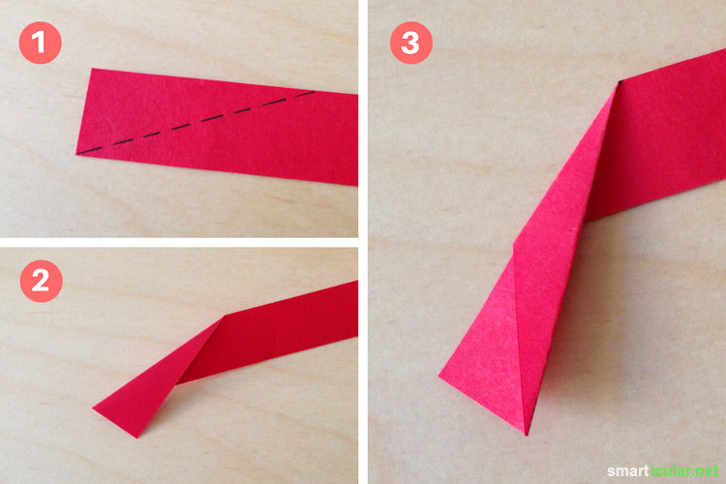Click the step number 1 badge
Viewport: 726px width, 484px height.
click(x=41, y=43)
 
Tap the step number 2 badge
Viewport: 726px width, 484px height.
click(x=42, y=281)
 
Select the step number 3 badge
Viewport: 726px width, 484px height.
click(x=411, y=43)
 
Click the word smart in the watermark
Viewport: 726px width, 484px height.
click(x=628, y=471)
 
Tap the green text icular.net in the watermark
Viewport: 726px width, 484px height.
click(x=684, y=471)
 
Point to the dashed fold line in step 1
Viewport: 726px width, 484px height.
click(x=197, y=122)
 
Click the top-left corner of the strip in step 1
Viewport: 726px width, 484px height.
click(x=92, y=69)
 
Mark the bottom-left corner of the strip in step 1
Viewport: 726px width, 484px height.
click(x=76, y=154)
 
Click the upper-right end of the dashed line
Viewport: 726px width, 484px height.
click(x=315, y=92)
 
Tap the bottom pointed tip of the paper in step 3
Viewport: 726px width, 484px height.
click(x=526, y=435)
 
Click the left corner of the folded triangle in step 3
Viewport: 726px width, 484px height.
click(x=439, y=377)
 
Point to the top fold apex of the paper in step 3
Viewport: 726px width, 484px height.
click(x=619, y=82)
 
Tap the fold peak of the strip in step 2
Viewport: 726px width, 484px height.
click(x=225, y=317)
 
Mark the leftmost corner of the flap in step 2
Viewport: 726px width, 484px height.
click(x=93, y=408)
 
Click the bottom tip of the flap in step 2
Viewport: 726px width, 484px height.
click(x=136, y=438)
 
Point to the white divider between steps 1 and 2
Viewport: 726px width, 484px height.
click(x=179, y=242)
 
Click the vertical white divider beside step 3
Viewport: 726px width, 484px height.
click(x=363, y=242)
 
